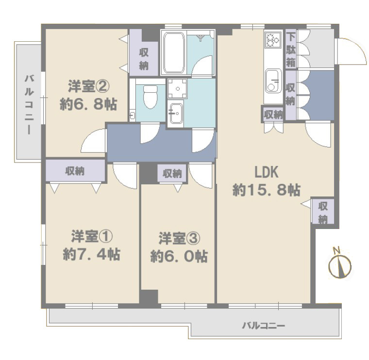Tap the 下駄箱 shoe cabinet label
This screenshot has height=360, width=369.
[290, 49]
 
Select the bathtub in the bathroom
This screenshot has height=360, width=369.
[173, 52]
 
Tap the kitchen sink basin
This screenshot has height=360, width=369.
[273, 80]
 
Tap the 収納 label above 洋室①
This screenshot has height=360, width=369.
[75, 170]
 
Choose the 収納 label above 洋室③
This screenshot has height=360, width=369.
[172, 173]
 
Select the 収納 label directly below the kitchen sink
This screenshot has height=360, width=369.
[273, 115]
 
